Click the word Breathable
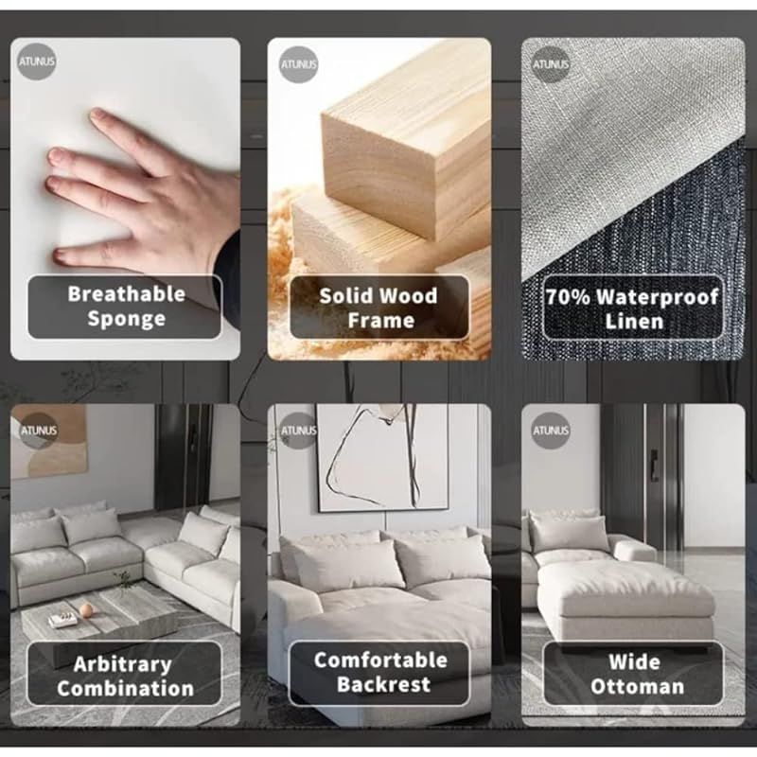click(127, 294)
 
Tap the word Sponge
click(127, 319)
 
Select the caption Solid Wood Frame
click(379, 308)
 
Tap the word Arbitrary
click(123, 665)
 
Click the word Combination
click(126, 689)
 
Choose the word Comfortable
click(381, 660)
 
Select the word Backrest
click(384, 684)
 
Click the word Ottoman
click(637, 687)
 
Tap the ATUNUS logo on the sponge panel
click(37, 62)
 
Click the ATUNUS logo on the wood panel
click(299, 64)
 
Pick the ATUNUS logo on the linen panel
click(551, 64)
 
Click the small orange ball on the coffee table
click(85, 610)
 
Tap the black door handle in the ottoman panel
click(654, 465)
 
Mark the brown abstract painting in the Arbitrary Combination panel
click(48, 441)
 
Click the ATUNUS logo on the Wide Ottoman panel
click(551, 431)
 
